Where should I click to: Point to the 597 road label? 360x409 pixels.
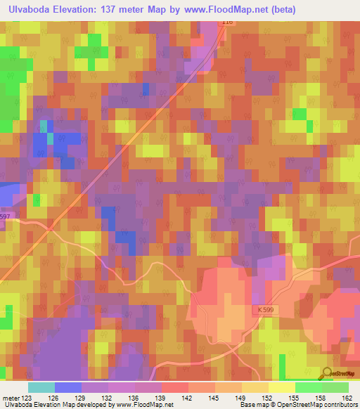coord(5,216)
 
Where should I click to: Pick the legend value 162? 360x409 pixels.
coord(347,398)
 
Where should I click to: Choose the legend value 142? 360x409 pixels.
coord(187,398)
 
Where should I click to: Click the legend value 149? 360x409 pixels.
coord(240,398)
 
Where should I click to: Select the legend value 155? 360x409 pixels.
coord(294,398)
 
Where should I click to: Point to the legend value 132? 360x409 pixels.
coord(107,398)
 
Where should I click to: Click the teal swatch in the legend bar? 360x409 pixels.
coord(41,387)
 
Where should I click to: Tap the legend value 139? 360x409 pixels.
coord(160,398)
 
